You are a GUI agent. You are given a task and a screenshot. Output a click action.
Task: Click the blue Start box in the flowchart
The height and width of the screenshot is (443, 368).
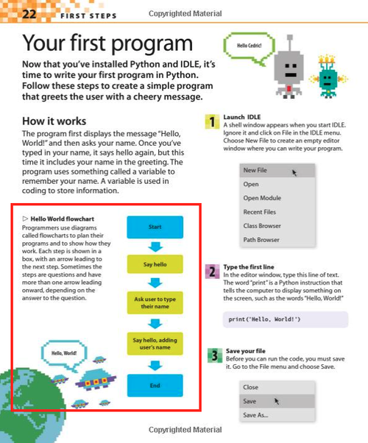click(x=155, y=227)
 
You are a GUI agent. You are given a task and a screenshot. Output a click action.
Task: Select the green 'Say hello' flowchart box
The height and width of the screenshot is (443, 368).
click(x=155, y=263)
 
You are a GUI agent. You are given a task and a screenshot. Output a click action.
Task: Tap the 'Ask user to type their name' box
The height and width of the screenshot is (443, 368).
click(x=155, y=302)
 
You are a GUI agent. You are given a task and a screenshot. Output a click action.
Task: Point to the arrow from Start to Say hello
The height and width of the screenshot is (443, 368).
click(x=155, y=245)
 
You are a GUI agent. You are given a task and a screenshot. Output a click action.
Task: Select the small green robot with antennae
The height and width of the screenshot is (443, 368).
click(x=330, y=75)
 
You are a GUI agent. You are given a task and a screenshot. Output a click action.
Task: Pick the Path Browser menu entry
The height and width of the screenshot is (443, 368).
click(x=261, y=240)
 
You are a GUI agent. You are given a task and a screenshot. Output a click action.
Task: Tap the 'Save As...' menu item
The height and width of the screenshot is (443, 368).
click(x=255, y=415)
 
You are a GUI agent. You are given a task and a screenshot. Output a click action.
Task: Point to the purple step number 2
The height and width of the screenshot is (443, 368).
click(x=211, y=272)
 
